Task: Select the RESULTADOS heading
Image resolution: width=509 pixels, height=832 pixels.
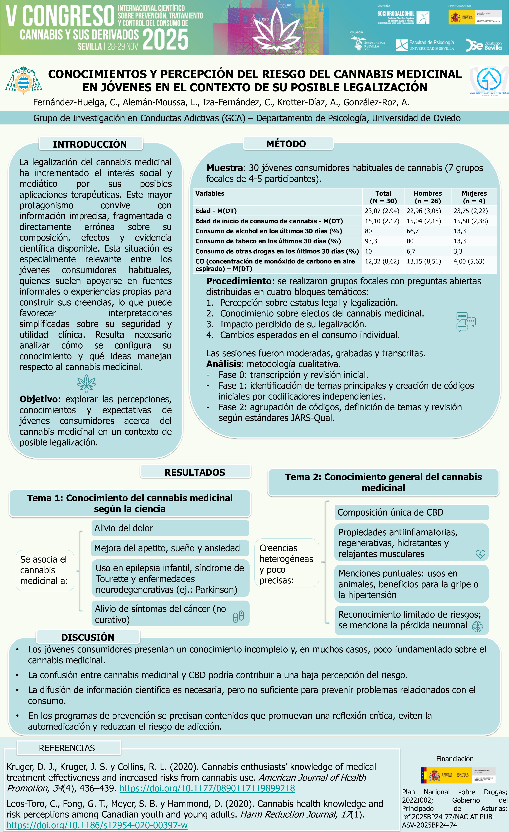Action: tap(195, 472)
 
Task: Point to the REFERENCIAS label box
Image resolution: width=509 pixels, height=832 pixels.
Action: tap(67, 748)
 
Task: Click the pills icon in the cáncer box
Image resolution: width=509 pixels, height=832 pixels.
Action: tap(238, 616)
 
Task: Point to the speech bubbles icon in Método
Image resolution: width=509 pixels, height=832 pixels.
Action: tap(466, 322)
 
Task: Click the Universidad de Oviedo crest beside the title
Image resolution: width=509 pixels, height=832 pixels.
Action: tap(24, 80)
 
